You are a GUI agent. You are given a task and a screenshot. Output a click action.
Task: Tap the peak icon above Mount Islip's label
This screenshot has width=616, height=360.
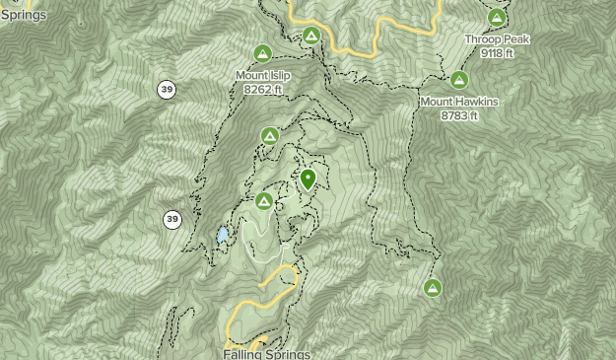point(262,53)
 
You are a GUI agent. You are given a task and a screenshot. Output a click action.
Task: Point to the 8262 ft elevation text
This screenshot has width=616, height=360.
point(262,89)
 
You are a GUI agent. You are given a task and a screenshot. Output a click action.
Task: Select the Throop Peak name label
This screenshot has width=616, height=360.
point(497,39)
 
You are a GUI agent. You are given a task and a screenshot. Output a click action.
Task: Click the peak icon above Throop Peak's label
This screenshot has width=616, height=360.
point(497,18)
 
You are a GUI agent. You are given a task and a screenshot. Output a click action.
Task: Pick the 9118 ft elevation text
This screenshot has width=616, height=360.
point(497,53)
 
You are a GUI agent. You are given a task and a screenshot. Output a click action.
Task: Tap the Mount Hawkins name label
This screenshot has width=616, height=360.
point(458,102)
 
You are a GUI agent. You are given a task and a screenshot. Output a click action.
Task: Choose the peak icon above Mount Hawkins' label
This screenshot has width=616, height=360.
point(458,80)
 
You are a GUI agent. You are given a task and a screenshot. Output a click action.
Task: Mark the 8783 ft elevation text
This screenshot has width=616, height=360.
point(459,115)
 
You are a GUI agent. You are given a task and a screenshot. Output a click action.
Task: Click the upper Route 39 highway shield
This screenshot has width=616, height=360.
point(166,90)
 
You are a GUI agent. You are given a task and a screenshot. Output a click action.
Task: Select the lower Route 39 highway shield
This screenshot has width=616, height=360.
point(172,219)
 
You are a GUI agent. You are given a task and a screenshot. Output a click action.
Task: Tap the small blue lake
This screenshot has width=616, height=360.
point(223,235)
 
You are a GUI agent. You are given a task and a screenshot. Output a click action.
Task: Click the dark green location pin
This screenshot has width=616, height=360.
point(308,179)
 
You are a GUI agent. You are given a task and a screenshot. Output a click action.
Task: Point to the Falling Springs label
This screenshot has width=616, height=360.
point(266,353)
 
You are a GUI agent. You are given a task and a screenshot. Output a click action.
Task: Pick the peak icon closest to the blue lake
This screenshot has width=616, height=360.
point(263,201)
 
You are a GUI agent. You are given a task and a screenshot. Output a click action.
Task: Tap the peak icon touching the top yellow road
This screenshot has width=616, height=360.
point(311,36)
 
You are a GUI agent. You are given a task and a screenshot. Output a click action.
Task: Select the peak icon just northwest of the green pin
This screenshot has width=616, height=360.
point(270,136)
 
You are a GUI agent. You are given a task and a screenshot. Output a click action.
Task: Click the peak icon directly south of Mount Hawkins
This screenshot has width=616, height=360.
point(432,288)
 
